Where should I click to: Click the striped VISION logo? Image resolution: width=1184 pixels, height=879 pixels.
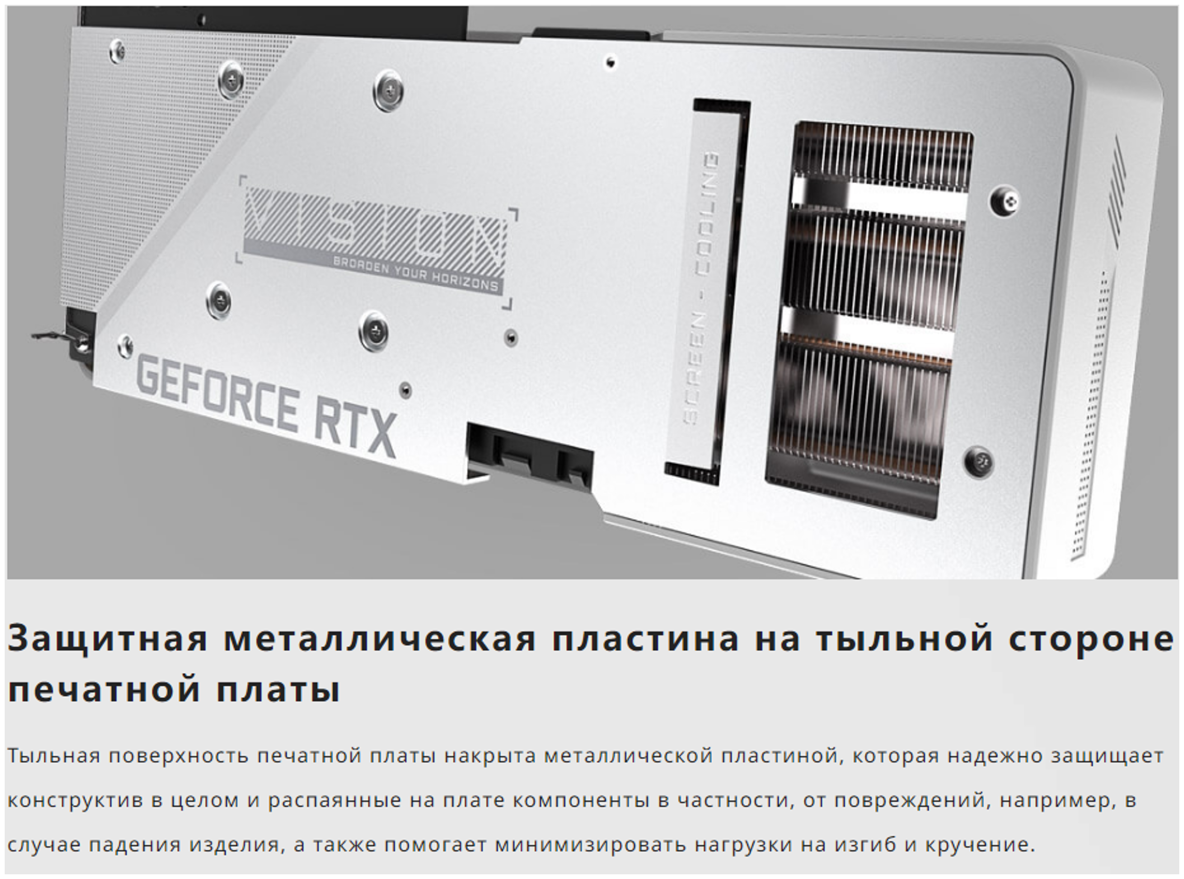[x=374, y=226]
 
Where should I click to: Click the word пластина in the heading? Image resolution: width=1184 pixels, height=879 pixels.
[x=645, y=638]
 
